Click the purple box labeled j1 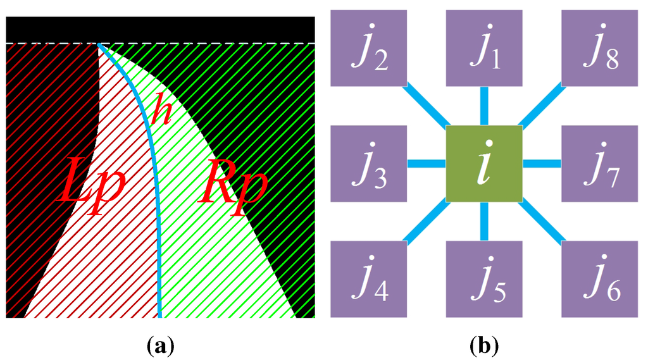(x=484, y=48)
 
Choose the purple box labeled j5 (x=484, y=278)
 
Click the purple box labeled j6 (x=600, y=278)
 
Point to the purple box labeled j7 (x=600, y=163)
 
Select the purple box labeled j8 (x=600, y=48)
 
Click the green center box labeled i (x=484, y=164)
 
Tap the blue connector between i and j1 (x=484, y=105)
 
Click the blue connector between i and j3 (x=426, y=164)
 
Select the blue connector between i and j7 (x=542, y=164)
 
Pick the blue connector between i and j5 (x=484, y=221)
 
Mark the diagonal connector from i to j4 (x=426, y=221)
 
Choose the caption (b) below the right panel (x=484, y=346)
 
